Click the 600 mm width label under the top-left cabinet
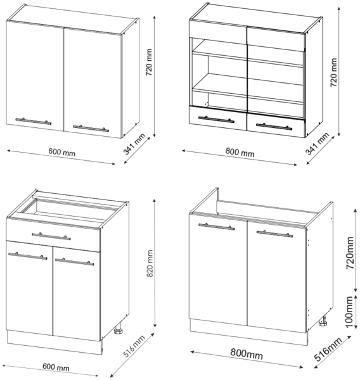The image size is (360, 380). pos(62,152)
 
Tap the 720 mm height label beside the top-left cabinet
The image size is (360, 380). pos(149,62)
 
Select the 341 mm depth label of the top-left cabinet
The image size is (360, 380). pos(134,144)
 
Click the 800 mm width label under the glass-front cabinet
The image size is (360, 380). pos(240,152)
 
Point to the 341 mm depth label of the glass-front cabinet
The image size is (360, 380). pos(317,144)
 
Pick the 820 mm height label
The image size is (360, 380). pos(150,263)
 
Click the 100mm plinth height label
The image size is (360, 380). pos(349,312)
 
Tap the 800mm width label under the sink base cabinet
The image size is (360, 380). pos(247,353)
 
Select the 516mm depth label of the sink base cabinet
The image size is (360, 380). pos(328,349)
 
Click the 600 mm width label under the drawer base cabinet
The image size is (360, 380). pos(56,367)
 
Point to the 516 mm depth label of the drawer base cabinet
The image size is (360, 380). pos(134,346)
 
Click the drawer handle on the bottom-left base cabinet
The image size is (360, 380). pos(51,236)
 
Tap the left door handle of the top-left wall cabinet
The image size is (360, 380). pos(34,121)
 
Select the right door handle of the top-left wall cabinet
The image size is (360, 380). pos(91,128)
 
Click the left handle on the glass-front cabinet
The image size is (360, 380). pos(216,119)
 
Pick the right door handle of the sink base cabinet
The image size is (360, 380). pos(274,234)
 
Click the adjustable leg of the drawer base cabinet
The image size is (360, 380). pos(119,331)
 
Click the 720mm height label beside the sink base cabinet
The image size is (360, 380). pos(350,253)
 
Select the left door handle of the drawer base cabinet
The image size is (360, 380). pos(28,256)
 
